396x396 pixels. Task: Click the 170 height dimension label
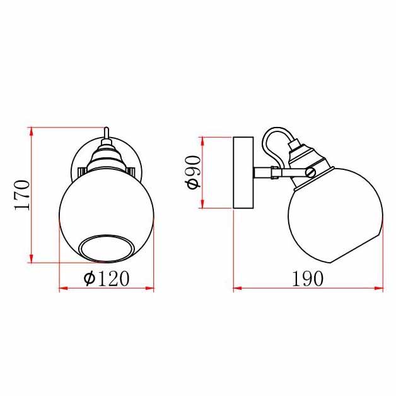click(x=22, y=195)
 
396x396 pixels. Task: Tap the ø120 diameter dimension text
click(x=107, y=279)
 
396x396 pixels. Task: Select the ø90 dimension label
click(x=193, y=172)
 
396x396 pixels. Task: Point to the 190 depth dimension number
click(x=307, y=279)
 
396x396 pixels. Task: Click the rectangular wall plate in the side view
click(x=243, y=172)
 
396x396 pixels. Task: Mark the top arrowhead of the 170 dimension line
click(x=32, y=131)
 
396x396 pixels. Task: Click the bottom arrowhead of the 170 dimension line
click(x=32, y=258)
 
